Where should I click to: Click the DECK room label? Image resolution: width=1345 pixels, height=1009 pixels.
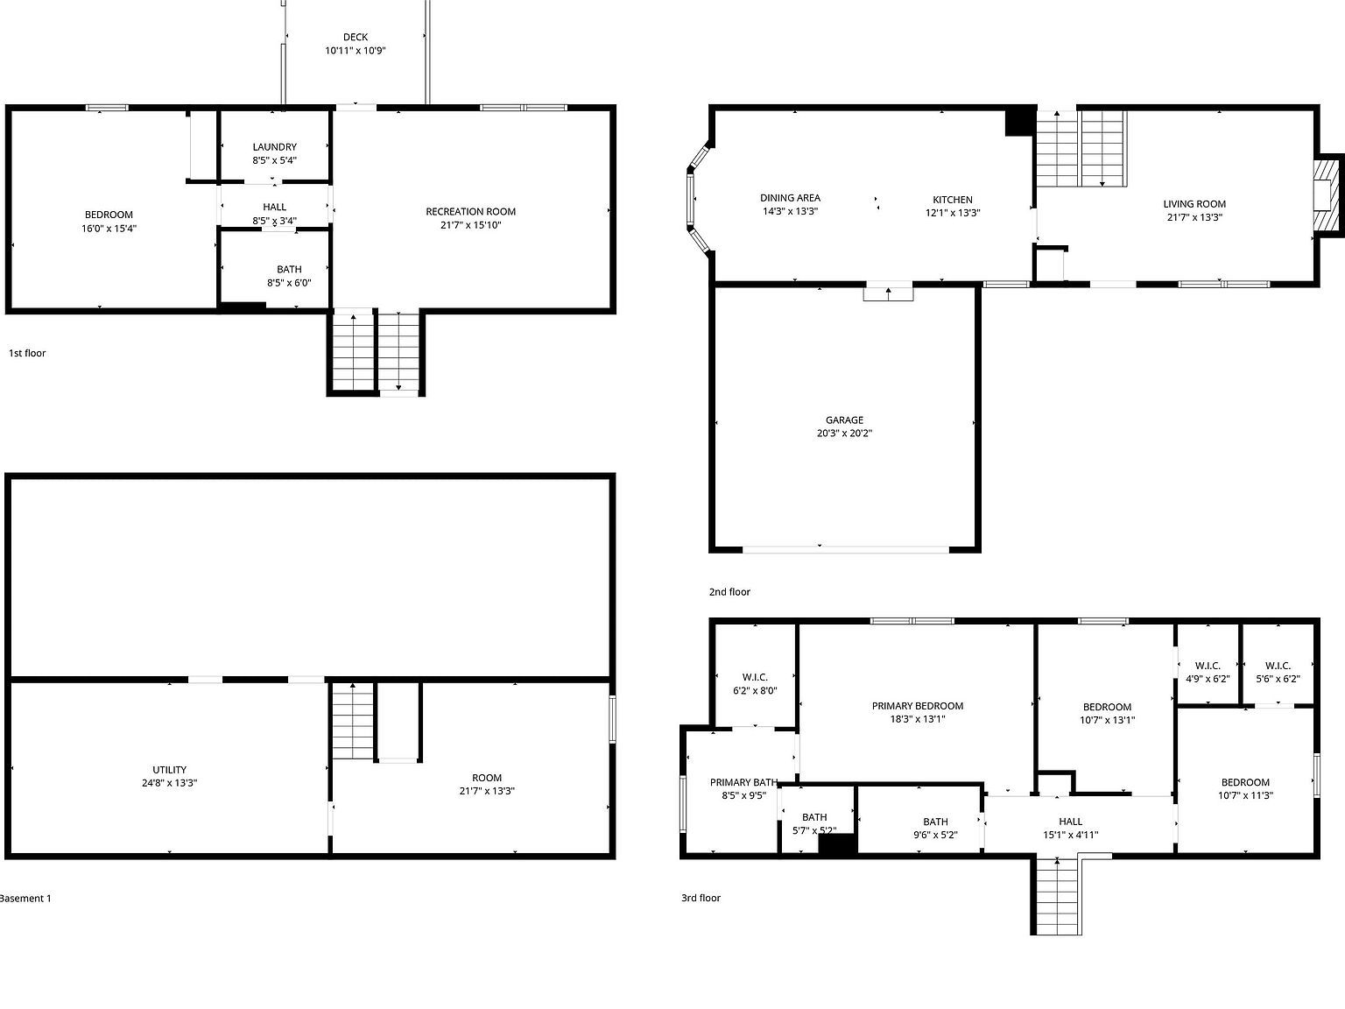[x=356, y=38]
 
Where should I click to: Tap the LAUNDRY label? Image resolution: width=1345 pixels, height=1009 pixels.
[x=274, y=147]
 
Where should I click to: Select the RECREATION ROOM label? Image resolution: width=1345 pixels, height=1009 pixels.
[x=470, y=211]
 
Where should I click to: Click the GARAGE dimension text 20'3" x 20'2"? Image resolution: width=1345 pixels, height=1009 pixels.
[x=844, y=434]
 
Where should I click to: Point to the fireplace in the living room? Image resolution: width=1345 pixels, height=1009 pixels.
[x=1327, y=194]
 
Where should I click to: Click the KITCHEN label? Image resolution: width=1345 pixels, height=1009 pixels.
[x=952, y=200]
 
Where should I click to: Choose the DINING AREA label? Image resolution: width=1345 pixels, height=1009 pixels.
[x=790, y=198]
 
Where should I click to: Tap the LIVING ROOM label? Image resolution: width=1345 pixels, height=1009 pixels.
[x=1194, y=204]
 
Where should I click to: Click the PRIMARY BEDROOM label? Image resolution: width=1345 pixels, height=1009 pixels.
[x=918, y=706]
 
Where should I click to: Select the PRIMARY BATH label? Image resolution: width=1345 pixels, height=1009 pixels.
[x=744, y=782]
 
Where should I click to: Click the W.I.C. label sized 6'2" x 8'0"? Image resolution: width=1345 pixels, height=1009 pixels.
[x=755, y=677]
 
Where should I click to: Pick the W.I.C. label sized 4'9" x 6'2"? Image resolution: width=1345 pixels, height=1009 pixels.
[x=1208, y=666]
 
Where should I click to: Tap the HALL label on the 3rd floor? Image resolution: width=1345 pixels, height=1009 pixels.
[x=1071, y=822]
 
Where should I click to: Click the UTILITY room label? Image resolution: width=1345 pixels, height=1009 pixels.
[x=169, y=770]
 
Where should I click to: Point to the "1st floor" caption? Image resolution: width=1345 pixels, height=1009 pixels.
[x=27, y=353]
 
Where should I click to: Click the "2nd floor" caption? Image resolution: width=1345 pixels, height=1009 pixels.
[x=729, y=592]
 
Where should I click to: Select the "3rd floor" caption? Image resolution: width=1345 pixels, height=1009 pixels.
[x=701, y=898]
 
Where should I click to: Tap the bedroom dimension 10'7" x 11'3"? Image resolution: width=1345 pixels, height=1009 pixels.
[x=1245, y=795]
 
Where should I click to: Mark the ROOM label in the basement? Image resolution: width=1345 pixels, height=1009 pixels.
[x=487, y=778]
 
